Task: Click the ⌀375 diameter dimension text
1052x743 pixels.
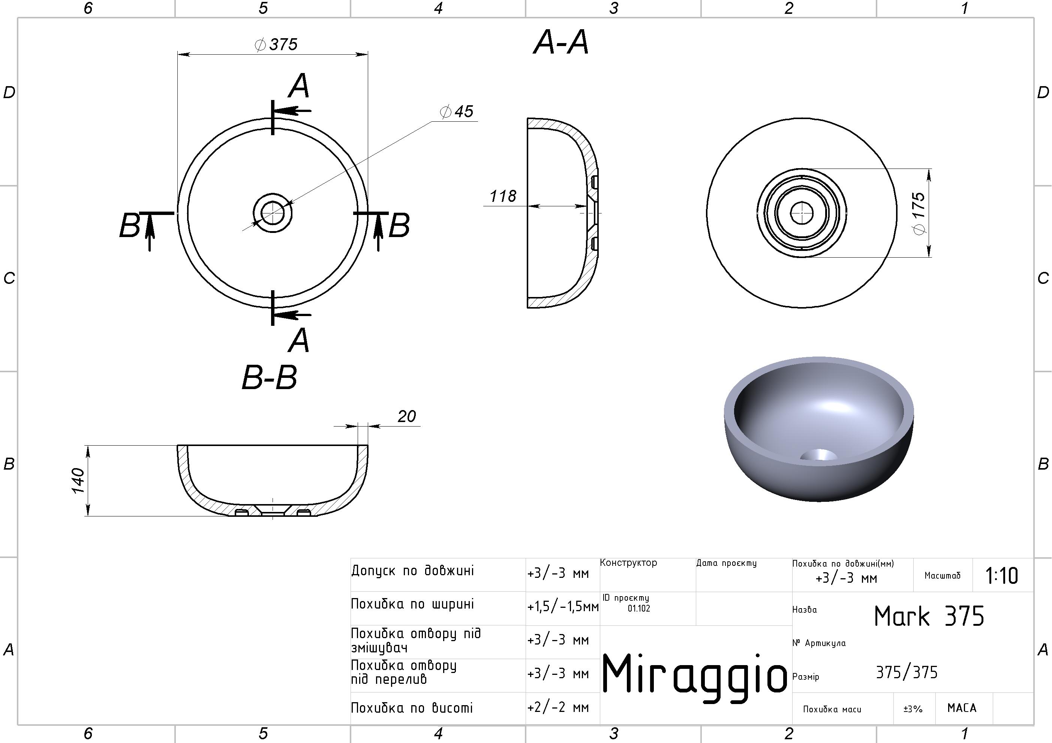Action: [x=276, y=45]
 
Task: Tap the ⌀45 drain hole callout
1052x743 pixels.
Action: [x=456, y=111]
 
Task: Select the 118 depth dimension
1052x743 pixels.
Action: [x=503, y=196]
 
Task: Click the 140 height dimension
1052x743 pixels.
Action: [x=78, y=481]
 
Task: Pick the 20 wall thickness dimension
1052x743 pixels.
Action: [x=406, y=416]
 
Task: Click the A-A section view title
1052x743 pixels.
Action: [x=561, y=43]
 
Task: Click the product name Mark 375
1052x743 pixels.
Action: [x=929, y=616]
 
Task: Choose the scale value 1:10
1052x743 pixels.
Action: [x=1002, y=576]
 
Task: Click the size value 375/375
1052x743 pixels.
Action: [x=907, y=673]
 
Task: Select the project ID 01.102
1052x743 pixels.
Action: [x=639, y=609]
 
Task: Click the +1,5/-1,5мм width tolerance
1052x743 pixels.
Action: [x=563, y=607]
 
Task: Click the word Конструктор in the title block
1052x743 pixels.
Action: [x=629, y=562]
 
